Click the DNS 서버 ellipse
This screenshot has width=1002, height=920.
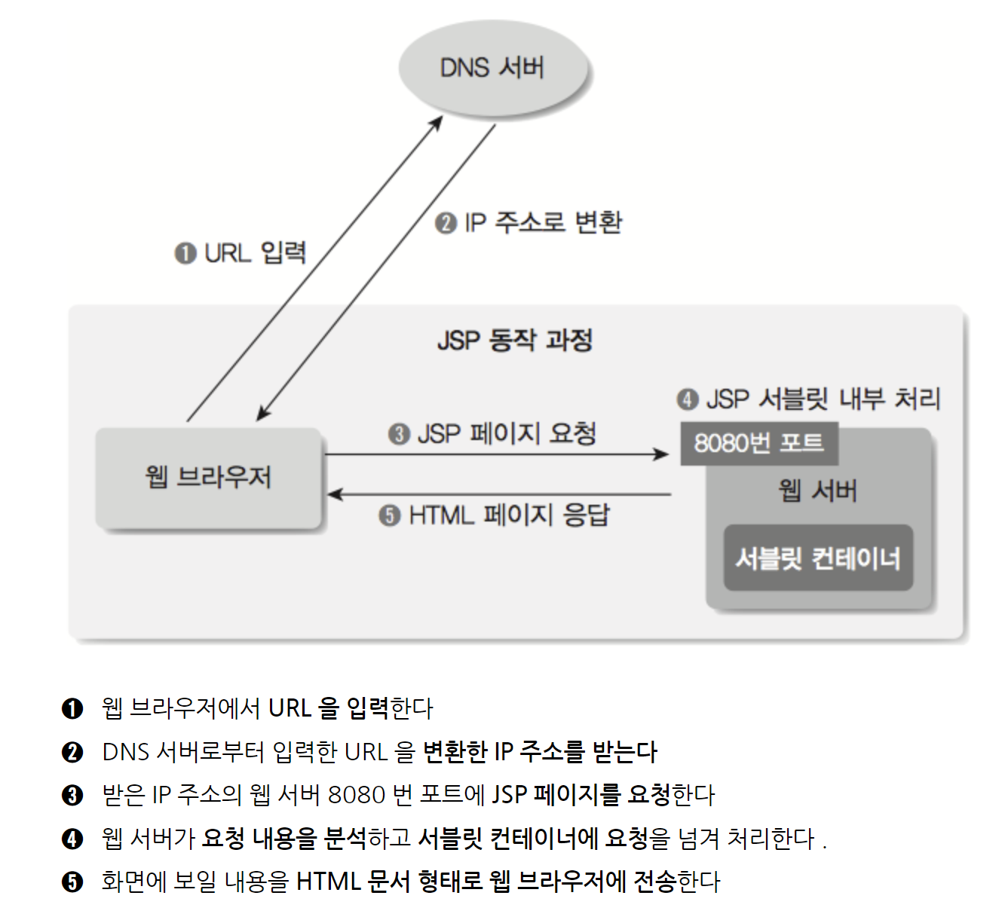[493, 68]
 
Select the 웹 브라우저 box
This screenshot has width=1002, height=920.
[209, 478]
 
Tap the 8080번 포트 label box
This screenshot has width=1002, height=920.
[758, 443]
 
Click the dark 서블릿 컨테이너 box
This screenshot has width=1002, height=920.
[818, 558]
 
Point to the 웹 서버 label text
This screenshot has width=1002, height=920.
[818, 491]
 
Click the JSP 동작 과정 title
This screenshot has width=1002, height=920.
[515, 340]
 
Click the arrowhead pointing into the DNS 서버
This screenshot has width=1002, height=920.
[437, 123]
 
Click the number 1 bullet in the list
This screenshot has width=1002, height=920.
[72, 708]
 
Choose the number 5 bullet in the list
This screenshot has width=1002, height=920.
[72, 882]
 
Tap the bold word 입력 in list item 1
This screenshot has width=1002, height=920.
[367, 708]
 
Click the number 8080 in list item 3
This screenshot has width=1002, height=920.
[357, 795]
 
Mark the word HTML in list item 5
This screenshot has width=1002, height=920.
[328, 882]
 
